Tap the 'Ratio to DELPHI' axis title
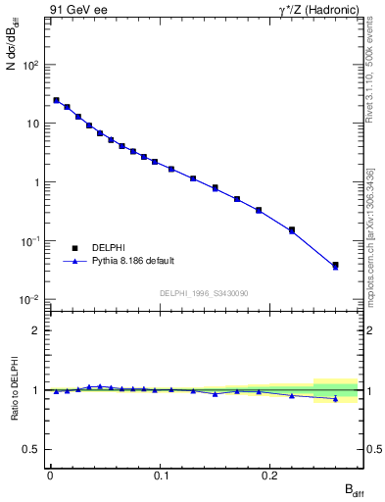17,389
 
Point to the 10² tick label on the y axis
30,65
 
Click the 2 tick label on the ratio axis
36,330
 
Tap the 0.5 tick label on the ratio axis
32,449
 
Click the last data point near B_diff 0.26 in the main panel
335,265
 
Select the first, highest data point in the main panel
56,100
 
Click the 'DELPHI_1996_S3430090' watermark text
203,293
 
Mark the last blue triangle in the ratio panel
335,399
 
